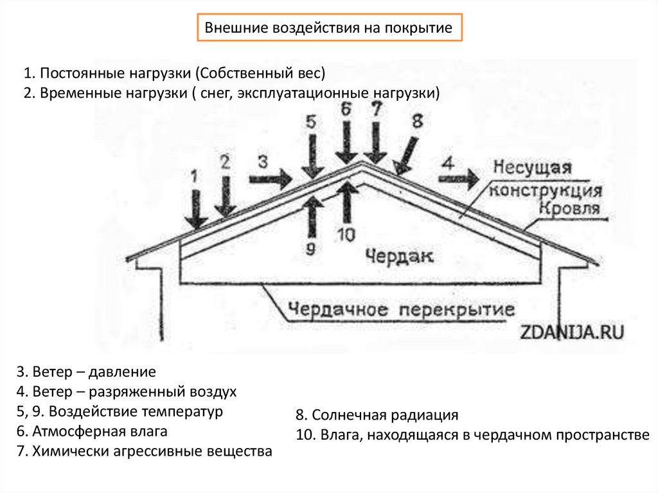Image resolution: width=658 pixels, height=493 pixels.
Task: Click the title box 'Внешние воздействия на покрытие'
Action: [x=328, y=29]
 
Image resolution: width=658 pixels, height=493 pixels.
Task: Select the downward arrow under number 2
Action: [x=224, y=196]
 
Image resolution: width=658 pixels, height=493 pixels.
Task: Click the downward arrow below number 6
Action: [x=347, y=143]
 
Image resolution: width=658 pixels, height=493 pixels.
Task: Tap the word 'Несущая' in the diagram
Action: [x=532, y=169]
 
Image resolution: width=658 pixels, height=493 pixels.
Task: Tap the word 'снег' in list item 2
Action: [x=218, y=92]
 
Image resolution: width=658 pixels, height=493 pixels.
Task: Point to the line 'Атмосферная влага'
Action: [x=93, y=431]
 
